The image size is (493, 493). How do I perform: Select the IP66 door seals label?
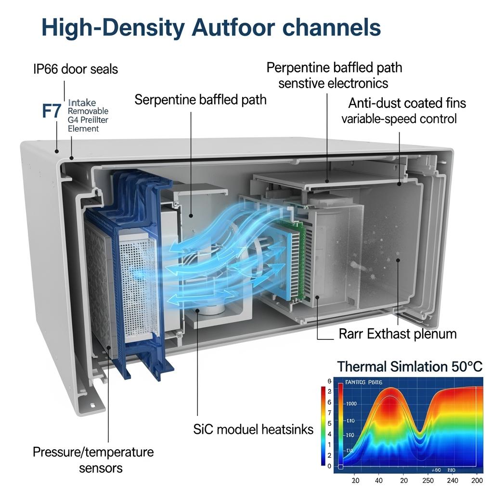click(x=75, y=69)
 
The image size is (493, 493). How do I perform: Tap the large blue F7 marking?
click(x=52, y=111)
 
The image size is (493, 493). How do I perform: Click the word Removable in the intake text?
click(x=89, y=111)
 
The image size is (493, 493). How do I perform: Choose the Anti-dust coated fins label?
click(x=407, y=103)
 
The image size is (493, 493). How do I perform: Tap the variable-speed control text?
click(x=399, y=118)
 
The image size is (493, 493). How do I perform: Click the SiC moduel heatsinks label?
click(x=253, y=429)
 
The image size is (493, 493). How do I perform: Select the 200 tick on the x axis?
click(x=477, y=480)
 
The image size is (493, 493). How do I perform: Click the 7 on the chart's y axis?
click(x=329, y=413)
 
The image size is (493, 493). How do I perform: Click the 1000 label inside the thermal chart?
click(x=352, y=404)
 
